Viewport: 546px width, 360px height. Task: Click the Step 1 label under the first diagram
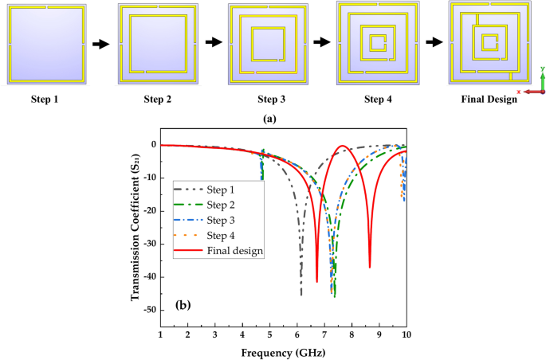coord(44,100)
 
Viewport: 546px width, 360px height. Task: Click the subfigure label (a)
coord(272,117)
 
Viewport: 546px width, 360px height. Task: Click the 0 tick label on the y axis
coord(152,145)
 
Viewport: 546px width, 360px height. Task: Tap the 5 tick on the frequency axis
coord(270,335)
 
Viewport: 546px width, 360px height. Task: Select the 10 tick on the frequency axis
coord(407,335)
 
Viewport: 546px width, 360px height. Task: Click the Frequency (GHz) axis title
coord(283,350)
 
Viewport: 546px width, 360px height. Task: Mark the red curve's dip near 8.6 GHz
coord(370,266)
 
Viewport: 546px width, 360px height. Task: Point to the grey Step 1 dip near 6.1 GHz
coord(301,293)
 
